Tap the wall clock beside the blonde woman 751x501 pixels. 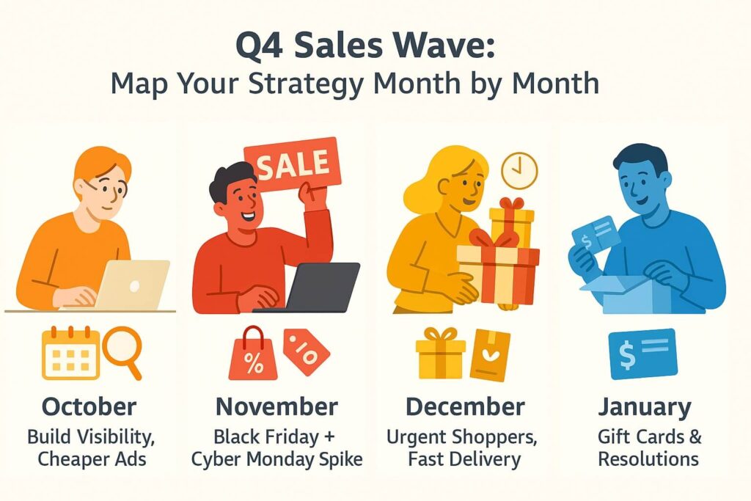click(519, 170)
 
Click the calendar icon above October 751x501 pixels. click(71, 353)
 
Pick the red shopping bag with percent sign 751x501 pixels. click(253, 354)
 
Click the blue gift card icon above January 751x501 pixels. click(642, 354)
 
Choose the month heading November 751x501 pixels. click(276, 407)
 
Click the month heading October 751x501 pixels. click(89, 407)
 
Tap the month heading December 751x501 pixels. click(465, 407)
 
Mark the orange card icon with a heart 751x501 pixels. click(490, 355)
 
